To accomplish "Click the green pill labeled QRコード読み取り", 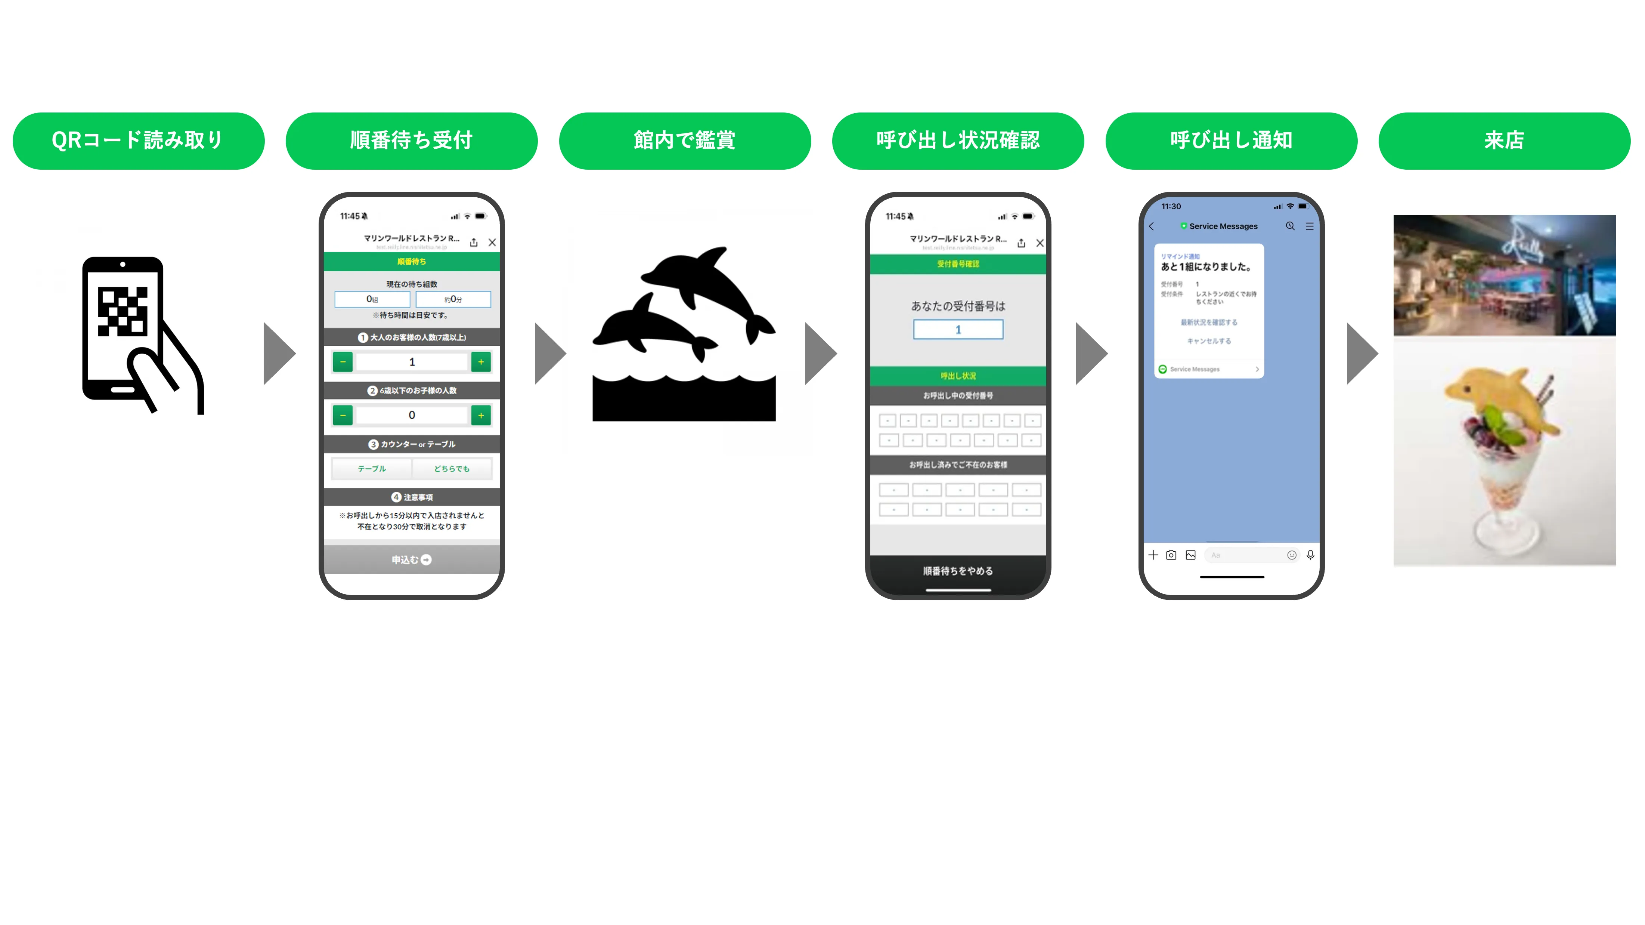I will pos(138,141).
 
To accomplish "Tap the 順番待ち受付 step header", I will pos(411,141).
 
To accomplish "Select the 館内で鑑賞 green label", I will pos(685,141).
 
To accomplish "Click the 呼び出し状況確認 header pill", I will pos(958,141).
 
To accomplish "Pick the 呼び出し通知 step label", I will pos(1231,141).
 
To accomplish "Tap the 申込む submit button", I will pos(411,559).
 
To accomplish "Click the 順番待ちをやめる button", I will pos(958,570).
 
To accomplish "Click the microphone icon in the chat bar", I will pos(1310,555).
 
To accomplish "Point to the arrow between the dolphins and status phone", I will pos(821,353).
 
